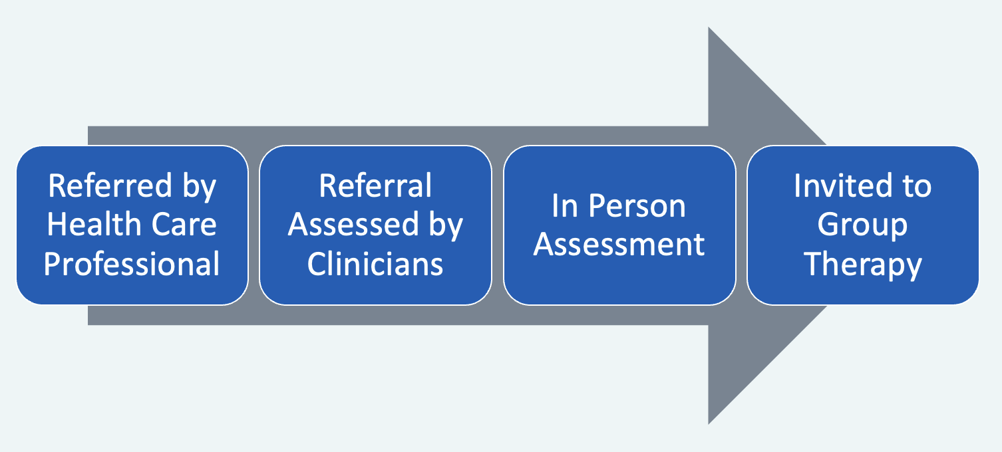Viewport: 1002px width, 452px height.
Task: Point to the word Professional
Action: click(132, 264)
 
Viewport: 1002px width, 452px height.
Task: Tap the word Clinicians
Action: click(375, 264)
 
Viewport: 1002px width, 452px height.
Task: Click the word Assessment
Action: click(619, 245)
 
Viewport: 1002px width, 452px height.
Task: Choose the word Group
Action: click(862, 225)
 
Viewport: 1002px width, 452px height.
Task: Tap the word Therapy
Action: click(862, 264)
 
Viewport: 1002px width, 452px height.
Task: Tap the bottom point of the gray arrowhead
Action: click(709, 422)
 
